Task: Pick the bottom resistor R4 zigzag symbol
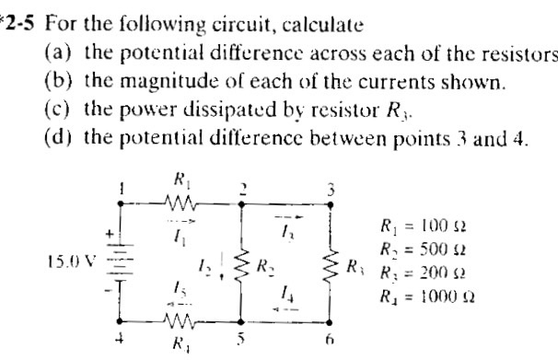[180, 322]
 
